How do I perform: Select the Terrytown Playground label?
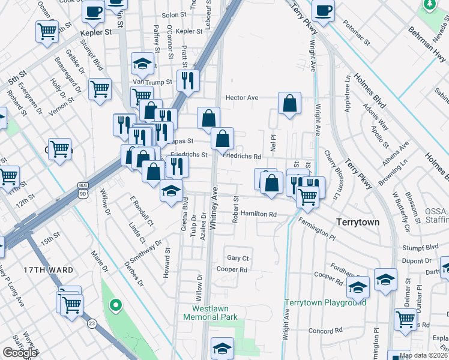325,302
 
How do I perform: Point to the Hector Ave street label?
241,98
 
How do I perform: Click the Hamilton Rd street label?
258,214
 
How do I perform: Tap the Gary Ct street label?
238,257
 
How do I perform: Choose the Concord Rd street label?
325,331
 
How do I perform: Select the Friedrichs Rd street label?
241,156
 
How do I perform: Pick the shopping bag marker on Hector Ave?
289,103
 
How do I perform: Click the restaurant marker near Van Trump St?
188,80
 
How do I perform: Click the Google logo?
20,353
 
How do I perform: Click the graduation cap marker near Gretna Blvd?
171,191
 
